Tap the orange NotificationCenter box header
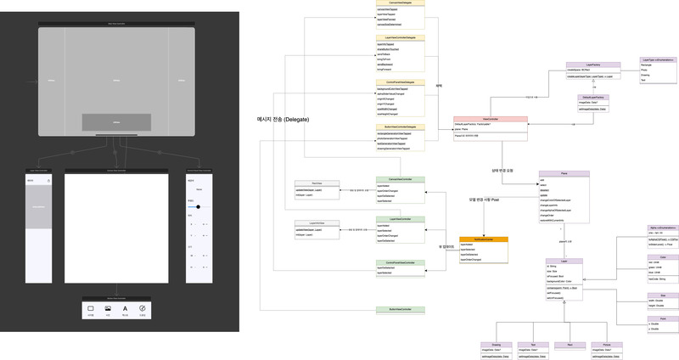tap(484, 239)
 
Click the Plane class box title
tap(564, 173)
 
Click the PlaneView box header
tap(317, 183)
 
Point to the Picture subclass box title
tap(607, 345)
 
